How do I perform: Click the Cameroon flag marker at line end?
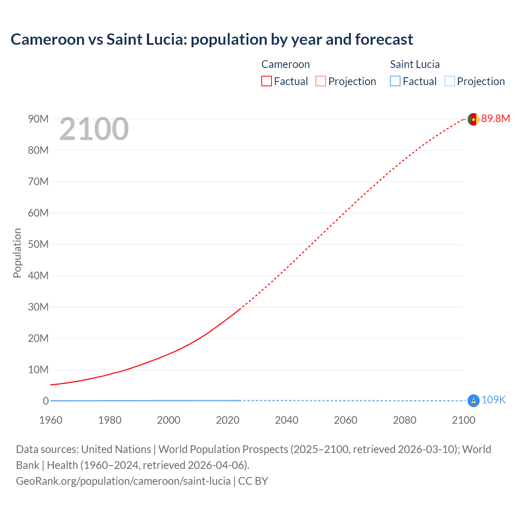(473, 119)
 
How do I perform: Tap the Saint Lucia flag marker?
(473, 401)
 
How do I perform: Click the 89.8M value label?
(495, 118)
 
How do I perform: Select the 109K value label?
(493, 400)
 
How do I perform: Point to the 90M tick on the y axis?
(38, 119)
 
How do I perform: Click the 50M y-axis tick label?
(38, 244)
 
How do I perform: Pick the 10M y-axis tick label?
(38, 370)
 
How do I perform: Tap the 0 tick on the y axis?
(46, 401)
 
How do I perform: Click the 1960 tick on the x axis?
(51, 420)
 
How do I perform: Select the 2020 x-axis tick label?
(228, 420)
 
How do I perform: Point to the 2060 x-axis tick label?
(346, 420)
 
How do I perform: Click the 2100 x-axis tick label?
(463, 420)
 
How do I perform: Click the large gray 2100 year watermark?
(94, 129)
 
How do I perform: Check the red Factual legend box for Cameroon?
(267, 81)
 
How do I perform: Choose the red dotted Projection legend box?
(321, 81)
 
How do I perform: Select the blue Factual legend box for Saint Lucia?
(395, 81)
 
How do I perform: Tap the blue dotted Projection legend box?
(449, 81)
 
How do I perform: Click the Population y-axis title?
(17, 253)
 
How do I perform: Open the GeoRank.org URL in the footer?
(123, 481)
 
